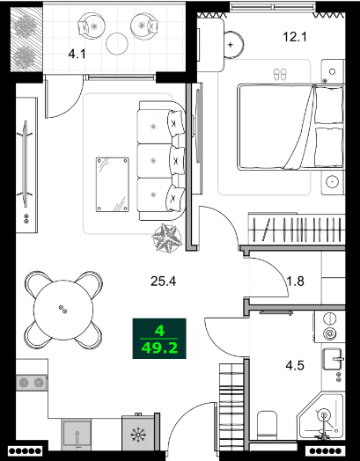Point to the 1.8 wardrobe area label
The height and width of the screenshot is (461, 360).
pyautogui.click(x=296, y=282)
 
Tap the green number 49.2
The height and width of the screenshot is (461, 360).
pyautogui.click(x=158, y=348)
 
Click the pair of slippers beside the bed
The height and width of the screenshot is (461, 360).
pyautogui.click(x=281, y=74)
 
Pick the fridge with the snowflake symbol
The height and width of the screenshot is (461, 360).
pyautogui.click(x=137, y=434)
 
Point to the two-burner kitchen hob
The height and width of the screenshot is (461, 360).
pyautogui.click(x=32, y=382)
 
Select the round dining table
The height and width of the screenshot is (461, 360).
pyautogui.click(x=62, y=308)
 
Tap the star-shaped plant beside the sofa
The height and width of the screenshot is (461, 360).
pyautogui.click(x=166, y=237)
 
